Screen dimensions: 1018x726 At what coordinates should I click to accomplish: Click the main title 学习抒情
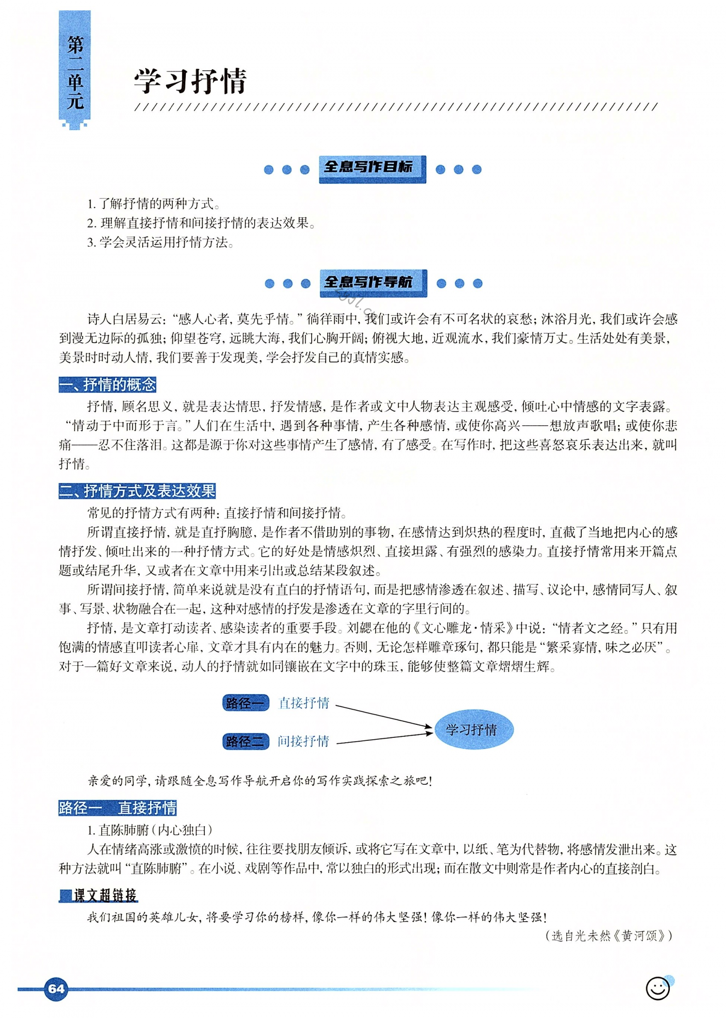click(190, 81)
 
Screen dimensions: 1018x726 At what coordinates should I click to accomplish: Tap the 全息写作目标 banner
click(372, 168)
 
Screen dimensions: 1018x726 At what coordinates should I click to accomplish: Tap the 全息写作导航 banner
click(373, 282)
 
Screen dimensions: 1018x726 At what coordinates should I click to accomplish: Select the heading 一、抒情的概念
click(107, 385)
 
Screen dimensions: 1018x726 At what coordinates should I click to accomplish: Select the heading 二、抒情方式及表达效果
click(137, 491)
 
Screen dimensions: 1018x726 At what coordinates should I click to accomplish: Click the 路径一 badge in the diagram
click(245, 703)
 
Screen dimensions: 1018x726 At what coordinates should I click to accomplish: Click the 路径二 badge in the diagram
click(245, 741)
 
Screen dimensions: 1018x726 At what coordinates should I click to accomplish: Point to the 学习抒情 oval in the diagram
click(473, 729)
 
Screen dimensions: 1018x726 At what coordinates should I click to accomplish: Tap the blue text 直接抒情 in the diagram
click(304, 703)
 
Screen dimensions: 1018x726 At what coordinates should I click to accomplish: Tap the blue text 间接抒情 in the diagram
click(303, 741)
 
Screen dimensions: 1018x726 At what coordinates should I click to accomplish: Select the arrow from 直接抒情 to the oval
click(382, 716)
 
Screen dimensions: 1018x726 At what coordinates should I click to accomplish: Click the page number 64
click(56, 988)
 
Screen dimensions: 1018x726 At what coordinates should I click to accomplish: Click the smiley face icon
click(658, 988)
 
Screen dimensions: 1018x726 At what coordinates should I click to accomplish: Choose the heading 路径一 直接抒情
click(118, 808)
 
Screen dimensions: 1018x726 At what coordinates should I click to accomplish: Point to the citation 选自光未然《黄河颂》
click(608, 936)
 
